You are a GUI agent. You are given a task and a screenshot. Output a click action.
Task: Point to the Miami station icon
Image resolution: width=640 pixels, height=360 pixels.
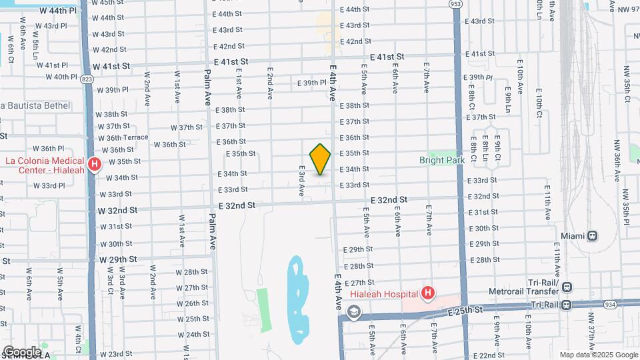tap(591, 236)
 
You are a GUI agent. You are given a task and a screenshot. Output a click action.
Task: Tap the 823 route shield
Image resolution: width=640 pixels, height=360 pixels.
tap(87, 79)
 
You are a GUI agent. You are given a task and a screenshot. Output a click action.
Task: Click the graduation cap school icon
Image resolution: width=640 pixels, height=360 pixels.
tap(353, 311)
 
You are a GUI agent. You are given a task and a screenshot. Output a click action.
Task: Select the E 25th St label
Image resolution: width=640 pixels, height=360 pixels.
tap(465, 311)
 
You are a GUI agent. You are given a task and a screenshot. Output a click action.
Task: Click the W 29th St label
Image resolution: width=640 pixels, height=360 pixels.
tap(117, 259)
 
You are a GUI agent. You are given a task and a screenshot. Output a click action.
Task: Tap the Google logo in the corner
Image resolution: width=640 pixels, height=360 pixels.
tap(21, 351)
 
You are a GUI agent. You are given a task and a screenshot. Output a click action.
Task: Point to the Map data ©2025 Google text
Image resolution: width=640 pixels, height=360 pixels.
tap(599, 355)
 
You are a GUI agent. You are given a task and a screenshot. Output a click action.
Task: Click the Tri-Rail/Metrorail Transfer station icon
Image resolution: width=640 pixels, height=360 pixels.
tap(567, 287)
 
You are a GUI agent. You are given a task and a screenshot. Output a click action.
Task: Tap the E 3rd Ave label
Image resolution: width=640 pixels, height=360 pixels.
tap(302, 181)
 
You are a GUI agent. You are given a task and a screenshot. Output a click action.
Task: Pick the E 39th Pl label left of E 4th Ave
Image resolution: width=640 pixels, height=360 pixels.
tap(312, 83)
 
